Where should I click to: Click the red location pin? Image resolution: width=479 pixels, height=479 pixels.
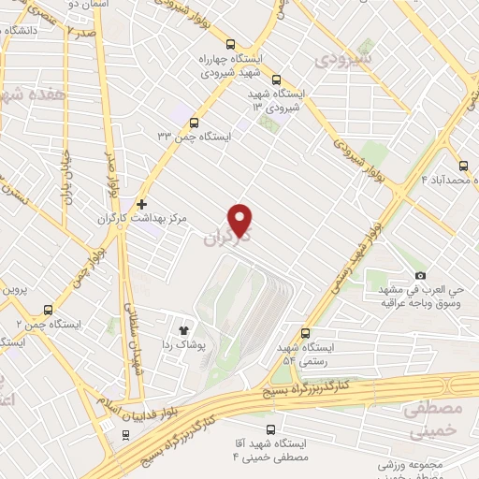point(241,219)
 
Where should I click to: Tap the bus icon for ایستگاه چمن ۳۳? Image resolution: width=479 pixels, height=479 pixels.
point(195,122)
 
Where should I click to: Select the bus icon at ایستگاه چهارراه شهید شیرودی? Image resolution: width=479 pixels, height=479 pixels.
point(231,43)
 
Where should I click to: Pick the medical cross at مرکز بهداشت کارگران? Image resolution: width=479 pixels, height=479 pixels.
point(141,203)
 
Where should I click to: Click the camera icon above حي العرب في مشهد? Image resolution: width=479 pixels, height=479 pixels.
point(420,275)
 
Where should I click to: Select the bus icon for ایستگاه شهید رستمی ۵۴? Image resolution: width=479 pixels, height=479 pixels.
point(306,333)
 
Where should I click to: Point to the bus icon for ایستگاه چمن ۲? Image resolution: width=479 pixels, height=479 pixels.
point(48,310)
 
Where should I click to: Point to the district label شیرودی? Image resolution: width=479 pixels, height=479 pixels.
point(344,61)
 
